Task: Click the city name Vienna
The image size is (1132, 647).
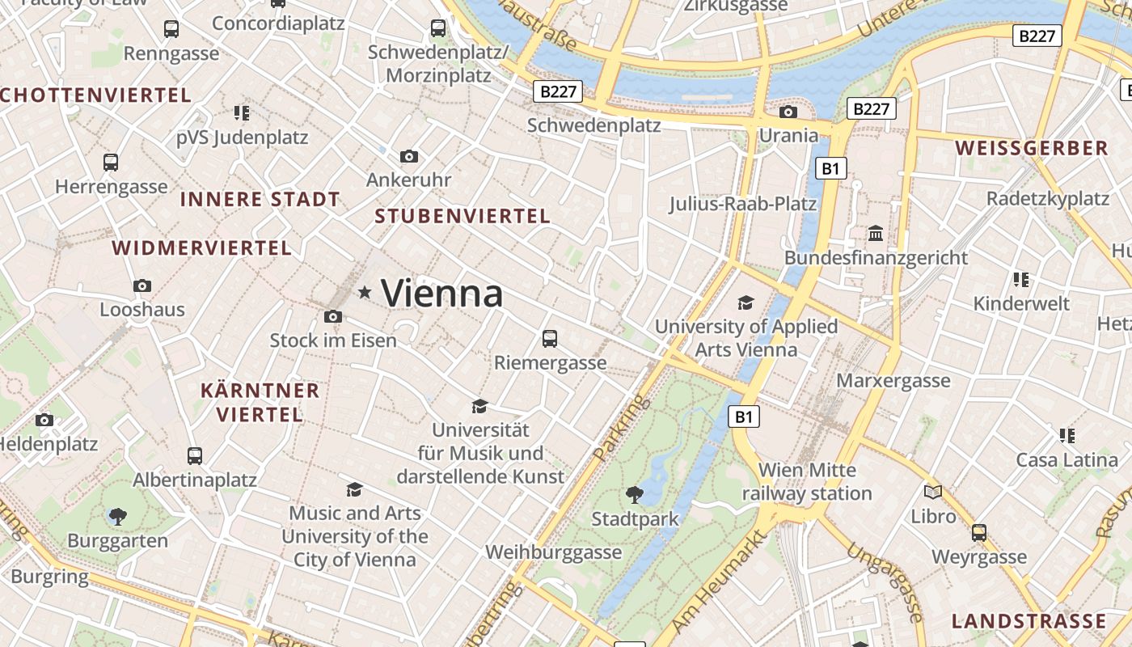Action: coord(441,292)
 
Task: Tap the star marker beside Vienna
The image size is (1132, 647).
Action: coord(365,292)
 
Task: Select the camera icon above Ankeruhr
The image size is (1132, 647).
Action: coord(409,156)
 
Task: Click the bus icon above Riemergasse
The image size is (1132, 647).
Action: coord(550,338)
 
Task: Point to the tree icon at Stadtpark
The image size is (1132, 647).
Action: coord(635,493)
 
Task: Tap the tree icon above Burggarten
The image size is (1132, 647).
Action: coord(118,515)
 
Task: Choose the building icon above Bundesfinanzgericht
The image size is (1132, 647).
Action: coord(875,234)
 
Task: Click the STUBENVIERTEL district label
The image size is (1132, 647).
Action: coord(463,216)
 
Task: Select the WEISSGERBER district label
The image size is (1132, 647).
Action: coord(1032,148)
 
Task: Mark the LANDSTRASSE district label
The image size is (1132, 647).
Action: coord(1029,621)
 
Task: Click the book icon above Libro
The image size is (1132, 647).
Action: coord(933,491)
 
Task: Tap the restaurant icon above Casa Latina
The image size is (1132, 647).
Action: coord(1067,436)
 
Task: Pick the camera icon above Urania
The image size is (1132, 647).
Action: coord(788,112)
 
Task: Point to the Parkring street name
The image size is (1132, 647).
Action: coord(621,428)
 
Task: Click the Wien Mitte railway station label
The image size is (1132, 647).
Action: coord(807,481)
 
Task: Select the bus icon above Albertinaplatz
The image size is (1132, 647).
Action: coord(195,455)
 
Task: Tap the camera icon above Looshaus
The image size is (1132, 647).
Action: coord(142,285)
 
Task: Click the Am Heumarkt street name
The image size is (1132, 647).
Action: coord(717,580)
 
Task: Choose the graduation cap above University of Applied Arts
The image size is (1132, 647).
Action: coord(746,302)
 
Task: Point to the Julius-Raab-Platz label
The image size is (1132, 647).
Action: coord(742,203)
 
